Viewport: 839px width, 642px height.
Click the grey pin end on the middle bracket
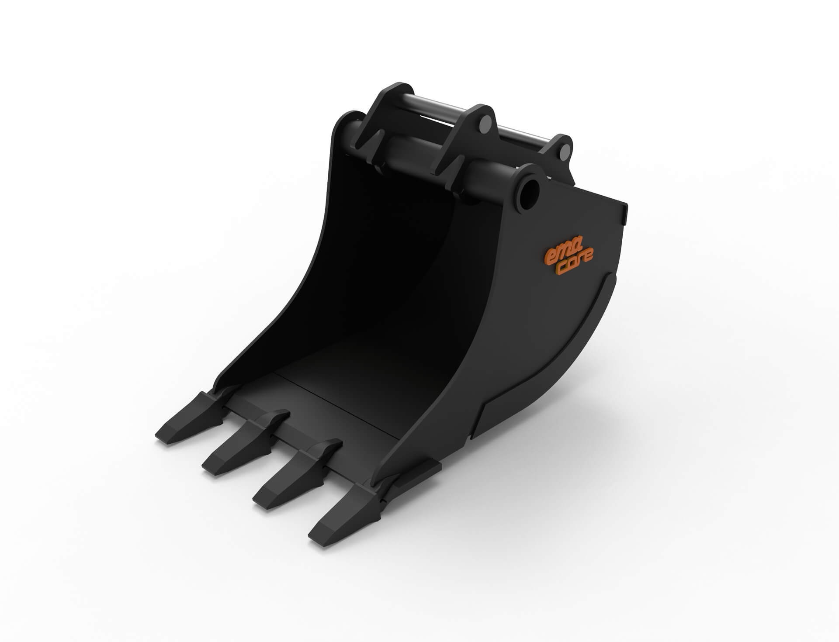coord(484,125)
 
